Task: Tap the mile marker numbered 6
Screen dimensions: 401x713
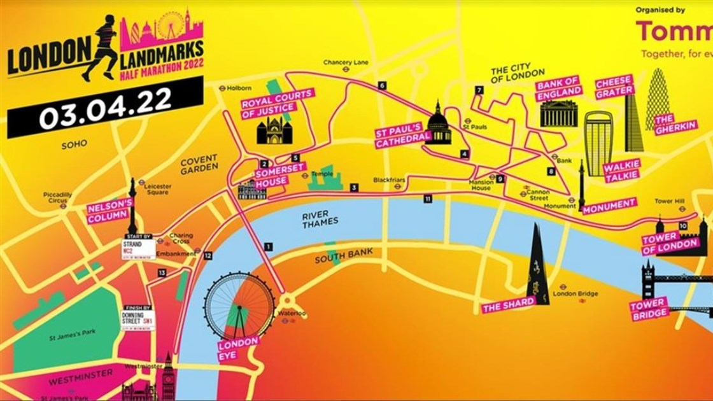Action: (x=381, y=85)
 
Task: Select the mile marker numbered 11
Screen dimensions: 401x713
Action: (x=428, y=199)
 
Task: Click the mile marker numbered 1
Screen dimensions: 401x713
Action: (x=269, y=246)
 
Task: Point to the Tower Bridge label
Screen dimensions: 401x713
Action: (x=649, y=308)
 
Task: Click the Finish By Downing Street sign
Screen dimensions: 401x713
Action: (x=138, y=318)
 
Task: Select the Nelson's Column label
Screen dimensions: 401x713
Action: (x=109, y=212)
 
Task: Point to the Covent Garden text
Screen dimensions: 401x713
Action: (x=199, y=164)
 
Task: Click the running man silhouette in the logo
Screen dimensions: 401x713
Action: (x=101, y=48)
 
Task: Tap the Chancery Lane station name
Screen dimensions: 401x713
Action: (x=346, y=62)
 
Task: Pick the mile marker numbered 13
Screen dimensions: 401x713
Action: (x=162, y=273)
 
